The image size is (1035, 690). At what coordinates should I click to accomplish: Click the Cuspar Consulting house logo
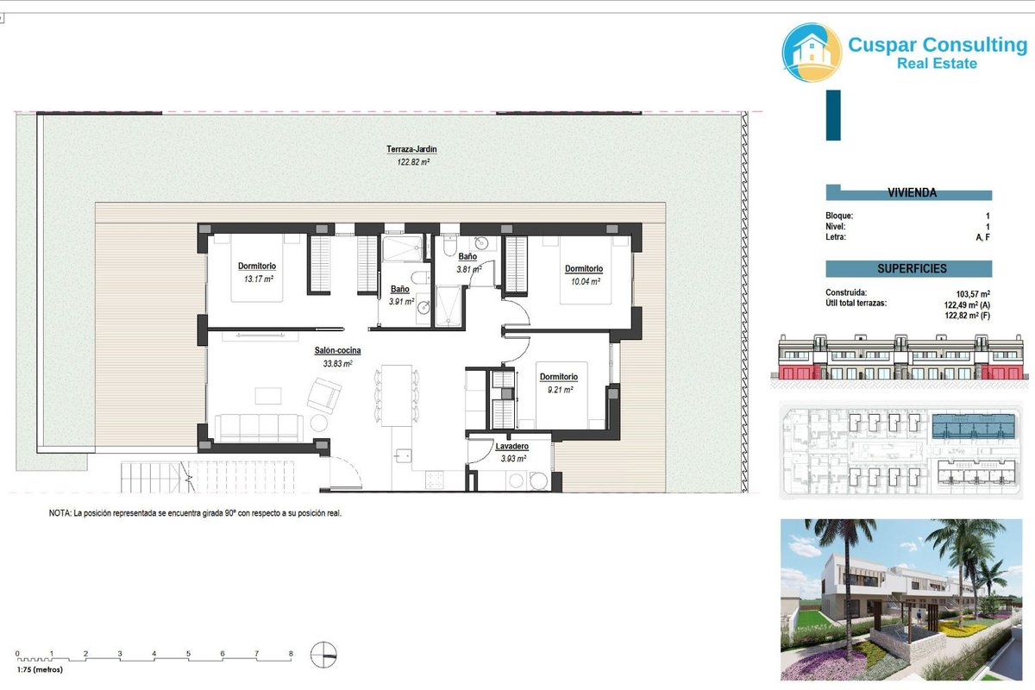(x=812, y=53)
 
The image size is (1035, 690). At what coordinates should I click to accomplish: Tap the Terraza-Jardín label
(x=411, y=149)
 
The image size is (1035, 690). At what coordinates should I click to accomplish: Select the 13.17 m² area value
(x=258, y=279)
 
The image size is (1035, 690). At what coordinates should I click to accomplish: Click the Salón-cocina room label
(x=337, y=350)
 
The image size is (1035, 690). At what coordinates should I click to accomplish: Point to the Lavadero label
(x=512, y=446)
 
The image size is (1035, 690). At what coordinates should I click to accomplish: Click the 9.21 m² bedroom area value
(x=560, y=390)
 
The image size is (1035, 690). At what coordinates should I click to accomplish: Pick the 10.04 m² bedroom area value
(x=586, y=281)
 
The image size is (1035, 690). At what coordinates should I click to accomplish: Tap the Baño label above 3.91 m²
(x=399, y=289)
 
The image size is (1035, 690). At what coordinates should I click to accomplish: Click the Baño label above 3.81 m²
(x=467, y=256)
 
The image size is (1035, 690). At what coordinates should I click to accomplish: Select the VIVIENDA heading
(x=912, y=192)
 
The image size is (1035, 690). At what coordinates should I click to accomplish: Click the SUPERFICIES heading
(x=912, y=268)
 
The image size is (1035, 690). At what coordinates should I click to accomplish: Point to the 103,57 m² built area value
(x=973, y=294)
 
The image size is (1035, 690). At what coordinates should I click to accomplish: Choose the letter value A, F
(x=982, y=237)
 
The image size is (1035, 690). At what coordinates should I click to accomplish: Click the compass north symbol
(x=323, y=655)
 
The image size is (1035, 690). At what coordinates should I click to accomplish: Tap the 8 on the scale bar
(x=291, y=654)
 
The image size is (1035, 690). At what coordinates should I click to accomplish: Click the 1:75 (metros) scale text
(x=40, y=669)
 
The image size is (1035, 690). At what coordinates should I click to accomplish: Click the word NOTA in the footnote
(x=60, y=513)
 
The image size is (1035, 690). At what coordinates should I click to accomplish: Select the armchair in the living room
(x=324, y=395)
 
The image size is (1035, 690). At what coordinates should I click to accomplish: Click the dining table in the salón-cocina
(x=397, y=396)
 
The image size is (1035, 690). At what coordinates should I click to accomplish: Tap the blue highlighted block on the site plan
(x=974, y=426)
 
